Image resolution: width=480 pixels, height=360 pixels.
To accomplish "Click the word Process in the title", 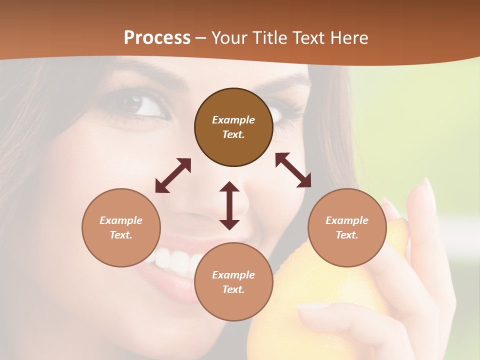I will (157, 38).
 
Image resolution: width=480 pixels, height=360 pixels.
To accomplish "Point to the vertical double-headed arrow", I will (229, 205).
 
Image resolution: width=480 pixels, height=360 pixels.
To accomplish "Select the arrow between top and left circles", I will (173, 175).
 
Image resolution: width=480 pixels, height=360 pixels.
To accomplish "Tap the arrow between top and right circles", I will (293, 170).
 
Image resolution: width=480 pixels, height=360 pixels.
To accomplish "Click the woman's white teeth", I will (172, 259).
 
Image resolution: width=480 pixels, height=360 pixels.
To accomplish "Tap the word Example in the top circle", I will (233, 120).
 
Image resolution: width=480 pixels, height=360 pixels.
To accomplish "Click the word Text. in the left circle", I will (121, 235).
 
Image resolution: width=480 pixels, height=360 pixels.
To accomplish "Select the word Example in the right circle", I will (347, 220).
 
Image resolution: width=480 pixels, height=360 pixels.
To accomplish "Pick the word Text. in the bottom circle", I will (233, 289).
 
